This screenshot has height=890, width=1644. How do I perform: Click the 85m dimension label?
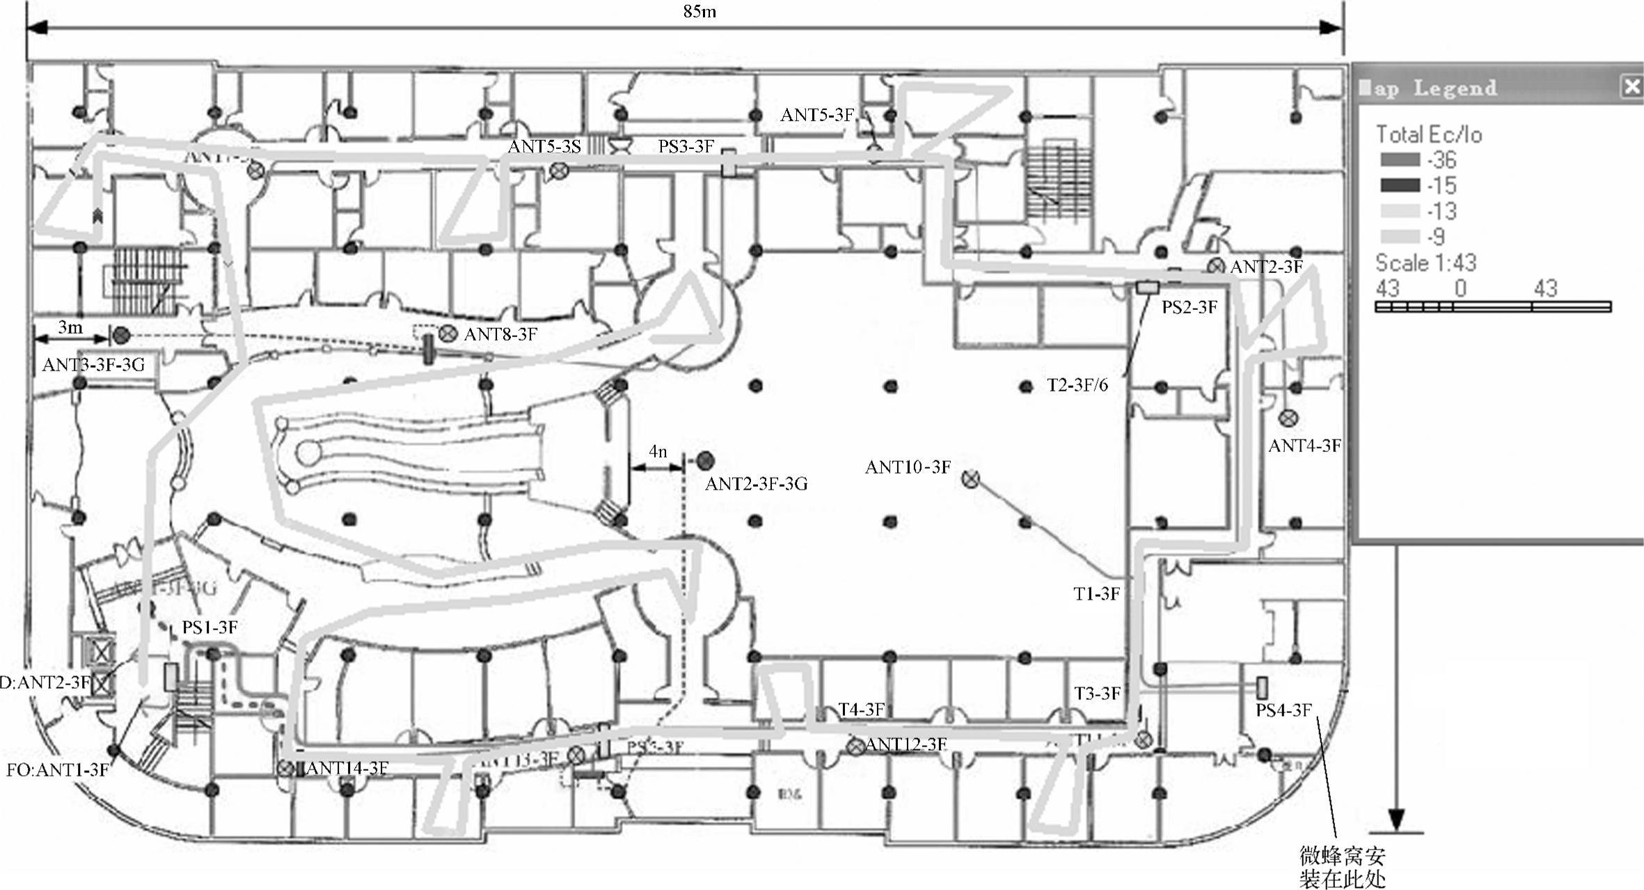[x=700, y=12]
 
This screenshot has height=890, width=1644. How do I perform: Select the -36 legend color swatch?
[x=1400, y=160]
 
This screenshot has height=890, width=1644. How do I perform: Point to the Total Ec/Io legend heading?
[x=1429, y=134]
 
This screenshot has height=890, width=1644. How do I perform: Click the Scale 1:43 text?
[x=1425, y=263]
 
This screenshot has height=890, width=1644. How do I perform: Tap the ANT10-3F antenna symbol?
[x=970, y=478]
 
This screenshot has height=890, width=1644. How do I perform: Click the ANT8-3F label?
[x=500, y=335]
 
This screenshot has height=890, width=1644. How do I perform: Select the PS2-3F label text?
[x=1189, y=307]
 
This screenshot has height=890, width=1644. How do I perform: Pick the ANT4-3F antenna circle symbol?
[x=1288, y=418]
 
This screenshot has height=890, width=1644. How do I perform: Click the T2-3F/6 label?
[x=1077, y=385]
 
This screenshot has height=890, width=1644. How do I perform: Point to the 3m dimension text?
[x=70, y=327]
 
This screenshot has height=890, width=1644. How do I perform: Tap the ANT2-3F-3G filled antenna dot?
[x=706, y=460]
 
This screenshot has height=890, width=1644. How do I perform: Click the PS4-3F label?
[x=1283, y=710]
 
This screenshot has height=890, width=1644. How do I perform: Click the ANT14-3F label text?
[x=347, y=768]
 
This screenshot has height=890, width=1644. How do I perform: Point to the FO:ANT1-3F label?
[x=58, y=770]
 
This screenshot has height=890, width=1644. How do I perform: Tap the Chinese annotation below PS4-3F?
[x=1342, y=866]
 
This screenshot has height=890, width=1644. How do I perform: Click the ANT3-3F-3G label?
[x=93, y=365]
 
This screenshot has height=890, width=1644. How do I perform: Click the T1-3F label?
[x=1096, y=594]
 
